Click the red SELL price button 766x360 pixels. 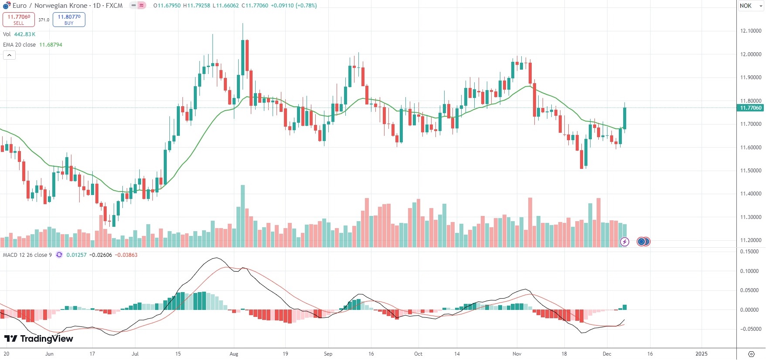pos(19,20)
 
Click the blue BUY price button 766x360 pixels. pos(69,20)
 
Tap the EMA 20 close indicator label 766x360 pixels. pos(20,45)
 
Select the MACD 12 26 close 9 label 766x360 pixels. pos(27,255)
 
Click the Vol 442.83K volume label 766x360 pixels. pos(19,34)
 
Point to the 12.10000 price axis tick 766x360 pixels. pos(751,31)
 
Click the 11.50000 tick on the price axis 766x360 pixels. pos(751,171)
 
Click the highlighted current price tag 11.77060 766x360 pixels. pos(751,108)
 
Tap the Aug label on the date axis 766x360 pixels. pos(234,354)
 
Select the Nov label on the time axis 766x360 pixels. pos(517,354)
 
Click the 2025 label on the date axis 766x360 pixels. pos(702,354)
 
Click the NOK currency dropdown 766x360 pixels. pos(751,6)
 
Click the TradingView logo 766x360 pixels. pos(39,339)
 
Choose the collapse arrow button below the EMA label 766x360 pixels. pos(9,55)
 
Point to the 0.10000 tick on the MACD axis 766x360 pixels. pos(750,271)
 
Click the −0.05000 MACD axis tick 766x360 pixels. pos(750,329)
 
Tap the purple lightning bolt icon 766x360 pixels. pos(624,242)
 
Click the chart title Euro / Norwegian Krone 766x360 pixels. pos(50,6)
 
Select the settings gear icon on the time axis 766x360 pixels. pos(751,354)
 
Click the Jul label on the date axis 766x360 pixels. pos(135,354)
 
